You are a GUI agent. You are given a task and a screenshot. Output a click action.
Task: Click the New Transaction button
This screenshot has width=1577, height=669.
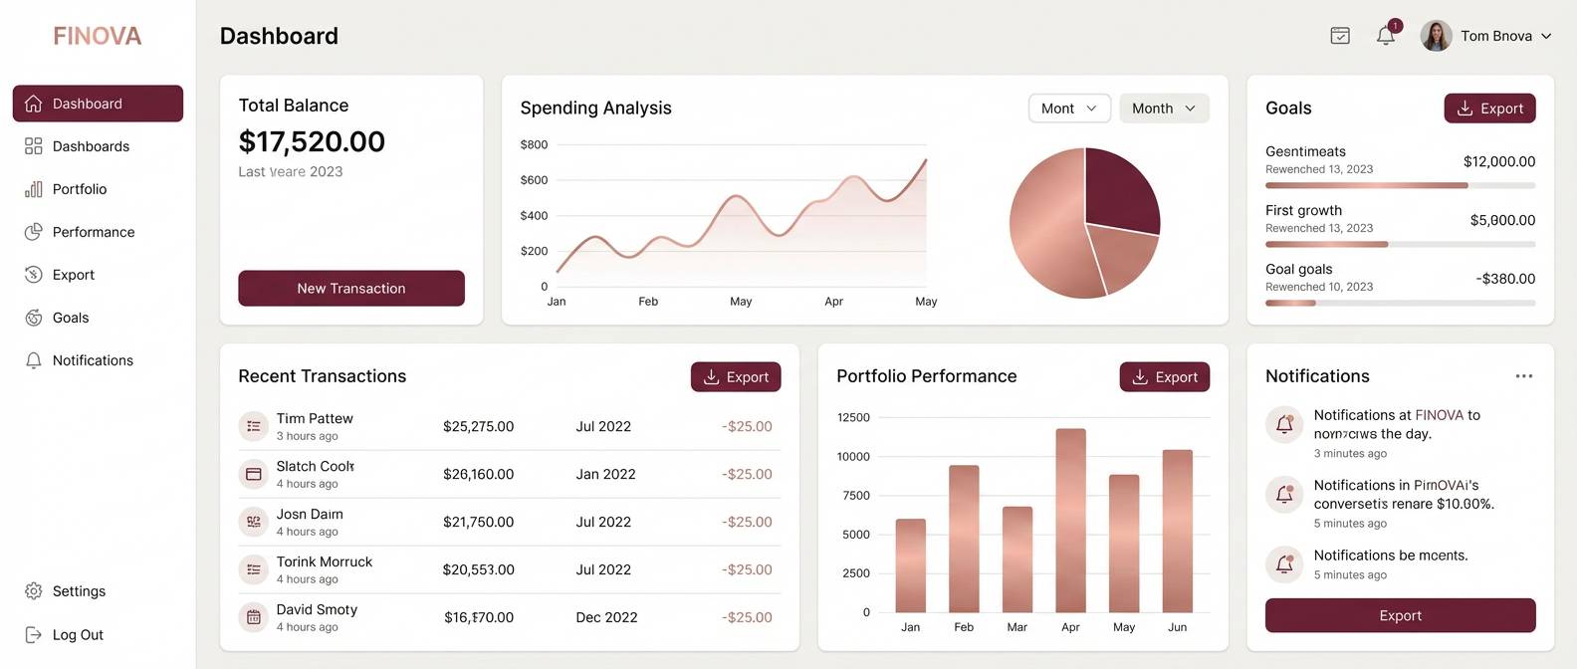click(350, 288)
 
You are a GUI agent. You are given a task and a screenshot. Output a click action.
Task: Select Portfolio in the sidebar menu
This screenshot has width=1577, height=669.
click(79, 189)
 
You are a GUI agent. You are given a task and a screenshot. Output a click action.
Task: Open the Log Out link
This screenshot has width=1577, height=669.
click(77, 635)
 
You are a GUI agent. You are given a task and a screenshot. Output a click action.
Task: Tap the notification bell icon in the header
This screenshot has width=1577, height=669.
click(1386, 36)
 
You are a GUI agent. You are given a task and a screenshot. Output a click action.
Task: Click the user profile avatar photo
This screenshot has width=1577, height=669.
click(1435, 36)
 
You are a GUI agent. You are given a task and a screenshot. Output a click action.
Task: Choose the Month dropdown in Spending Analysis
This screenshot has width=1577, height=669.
click(1163, 109)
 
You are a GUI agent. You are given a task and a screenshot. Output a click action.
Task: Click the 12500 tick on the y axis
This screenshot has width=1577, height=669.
click(853, 417)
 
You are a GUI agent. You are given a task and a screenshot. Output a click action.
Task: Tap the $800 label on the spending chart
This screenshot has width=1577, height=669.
click(534, 144)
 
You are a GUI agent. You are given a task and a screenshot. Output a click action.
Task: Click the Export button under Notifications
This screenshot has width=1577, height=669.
click(1400, 615)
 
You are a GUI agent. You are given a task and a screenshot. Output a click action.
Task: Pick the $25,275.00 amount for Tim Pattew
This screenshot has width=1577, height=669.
click(478, 426)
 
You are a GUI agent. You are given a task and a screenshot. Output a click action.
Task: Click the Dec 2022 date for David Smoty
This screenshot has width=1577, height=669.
click(606, 617)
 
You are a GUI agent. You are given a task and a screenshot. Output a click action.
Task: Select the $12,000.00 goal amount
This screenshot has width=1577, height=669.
click(1498, 161)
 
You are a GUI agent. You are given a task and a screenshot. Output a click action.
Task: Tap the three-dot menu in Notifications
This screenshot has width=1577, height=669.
click(1523, 376)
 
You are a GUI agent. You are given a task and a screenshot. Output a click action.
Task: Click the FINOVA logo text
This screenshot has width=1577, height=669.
click(98, 36)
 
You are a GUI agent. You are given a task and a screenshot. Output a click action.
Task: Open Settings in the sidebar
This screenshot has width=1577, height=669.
click(79, 591)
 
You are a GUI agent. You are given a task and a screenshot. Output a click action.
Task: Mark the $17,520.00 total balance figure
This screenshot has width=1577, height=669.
click(312, 141)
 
